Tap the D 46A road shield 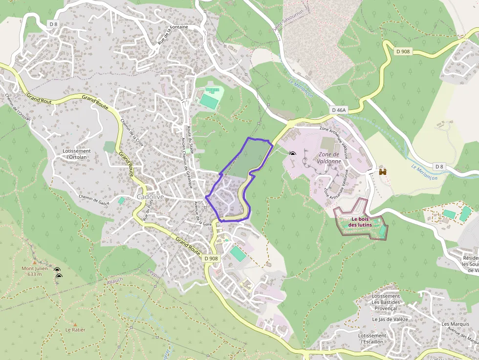click(338, 110)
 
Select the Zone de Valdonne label click(328, 157)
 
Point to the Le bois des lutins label click(360, 222)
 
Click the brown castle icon click(383, 172)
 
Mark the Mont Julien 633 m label click(34, 271)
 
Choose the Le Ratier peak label click(75, 330)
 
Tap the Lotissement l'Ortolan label click(77, 154)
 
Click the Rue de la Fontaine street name click(172, 35)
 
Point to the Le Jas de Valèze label click(390, 319)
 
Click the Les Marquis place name click(452, 324)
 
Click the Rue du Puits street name click(148, 212)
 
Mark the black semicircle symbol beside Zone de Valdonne click(292, 154)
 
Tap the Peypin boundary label click(154, 275)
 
